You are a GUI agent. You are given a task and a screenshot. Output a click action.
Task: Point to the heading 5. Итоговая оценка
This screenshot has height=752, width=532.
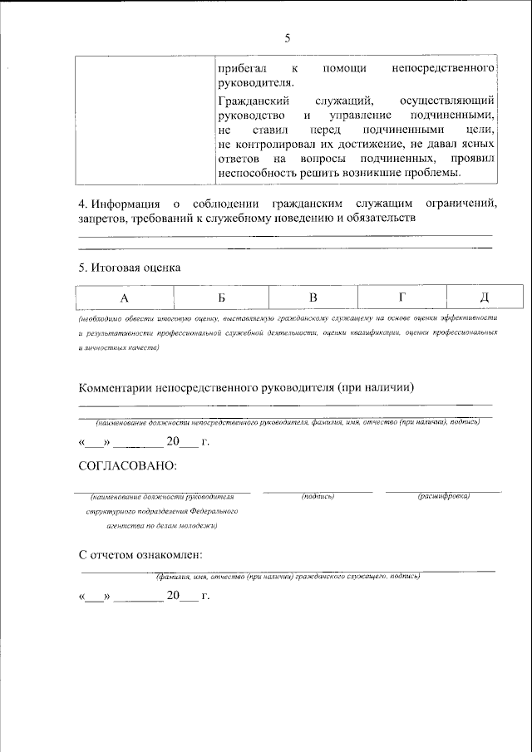pos(129,268)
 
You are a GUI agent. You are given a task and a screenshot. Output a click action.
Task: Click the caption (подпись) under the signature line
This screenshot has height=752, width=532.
pos(318,496)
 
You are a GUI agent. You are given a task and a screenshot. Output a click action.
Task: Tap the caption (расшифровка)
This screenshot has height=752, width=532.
pos(444,496)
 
